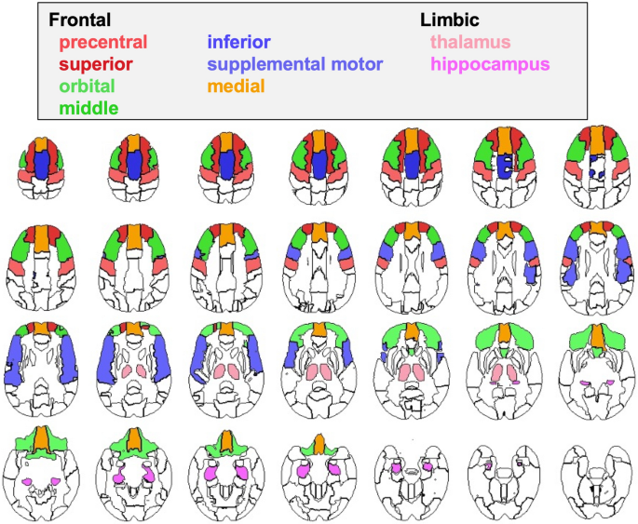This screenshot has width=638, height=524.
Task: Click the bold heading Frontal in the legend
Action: [80, 20]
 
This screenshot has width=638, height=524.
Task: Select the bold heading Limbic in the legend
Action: [451, 20]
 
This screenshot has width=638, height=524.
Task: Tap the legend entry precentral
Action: [103, 42]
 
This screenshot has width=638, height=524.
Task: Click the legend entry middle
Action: [89, 109]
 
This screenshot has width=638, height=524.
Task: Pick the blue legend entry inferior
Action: [239, 42]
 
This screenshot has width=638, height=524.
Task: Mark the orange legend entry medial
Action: [237, 87]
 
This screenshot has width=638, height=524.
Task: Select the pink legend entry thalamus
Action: [469, 42]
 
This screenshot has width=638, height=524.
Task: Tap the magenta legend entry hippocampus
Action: [490, 64]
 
